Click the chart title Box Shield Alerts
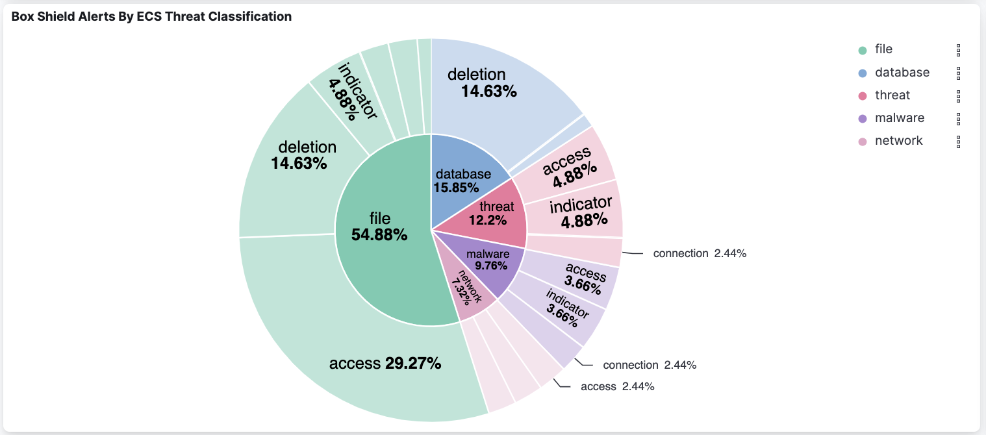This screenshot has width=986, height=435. [151, 17]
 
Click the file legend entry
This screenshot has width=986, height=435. [883, 49]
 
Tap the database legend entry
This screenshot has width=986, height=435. [902, 73]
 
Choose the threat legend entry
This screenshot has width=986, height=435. [892, 95]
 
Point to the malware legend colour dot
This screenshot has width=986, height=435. [863, 119]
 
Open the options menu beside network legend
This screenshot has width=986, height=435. [958, 142]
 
